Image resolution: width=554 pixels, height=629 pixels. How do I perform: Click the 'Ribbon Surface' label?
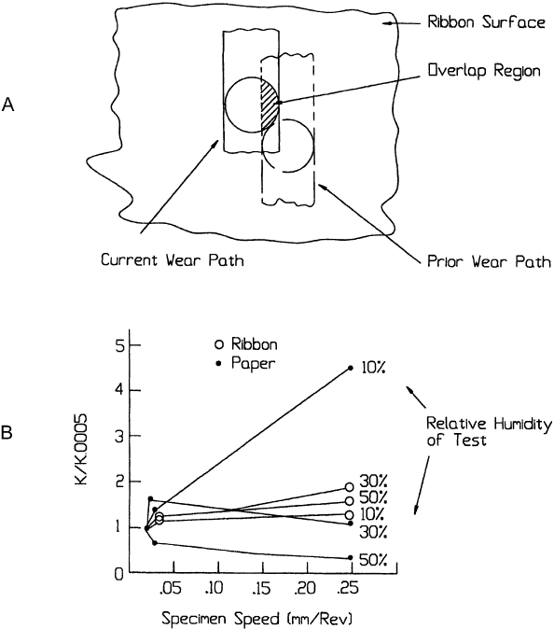[x=486, y=21]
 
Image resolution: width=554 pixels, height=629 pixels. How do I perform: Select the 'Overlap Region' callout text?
[x=484, y=71]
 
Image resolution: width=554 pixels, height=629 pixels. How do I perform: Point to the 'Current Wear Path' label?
[x=173, y=260]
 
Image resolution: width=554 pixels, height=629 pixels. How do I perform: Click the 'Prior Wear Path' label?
[x=489, y=261]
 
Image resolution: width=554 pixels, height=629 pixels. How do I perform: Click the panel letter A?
[x=8, y=105]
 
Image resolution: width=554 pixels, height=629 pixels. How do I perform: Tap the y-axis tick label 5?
[x=119, y=345]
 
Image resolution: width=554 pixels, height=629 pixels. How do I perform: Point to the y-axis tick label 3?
[x=119, y=436]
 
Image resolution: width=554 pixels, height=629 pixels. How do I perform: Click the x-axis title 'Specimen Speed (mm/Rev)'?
[x=257, y=618]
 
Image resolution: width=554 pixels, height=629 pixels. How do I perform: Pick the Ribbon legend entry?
[x=245, y=344]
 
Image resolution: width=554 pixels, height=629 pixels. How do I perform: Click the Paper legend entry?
[x=245, y=363]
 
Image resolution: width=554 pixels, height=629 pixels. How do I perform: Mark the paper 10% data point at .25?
[x=351, y=368]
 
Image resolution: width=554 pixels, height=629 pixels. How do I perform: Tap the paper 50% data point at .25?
[x=351, y=557]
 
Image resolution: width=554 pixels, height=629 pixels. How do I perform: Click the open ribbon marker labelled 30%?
[x=350, y=487]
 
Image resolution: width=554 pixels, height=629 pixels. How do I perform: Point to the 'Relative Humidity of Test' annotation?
[x=489, y=432]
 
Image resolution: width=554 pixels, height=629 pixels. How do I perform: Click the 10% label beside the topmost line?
[x=373, y=369]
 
